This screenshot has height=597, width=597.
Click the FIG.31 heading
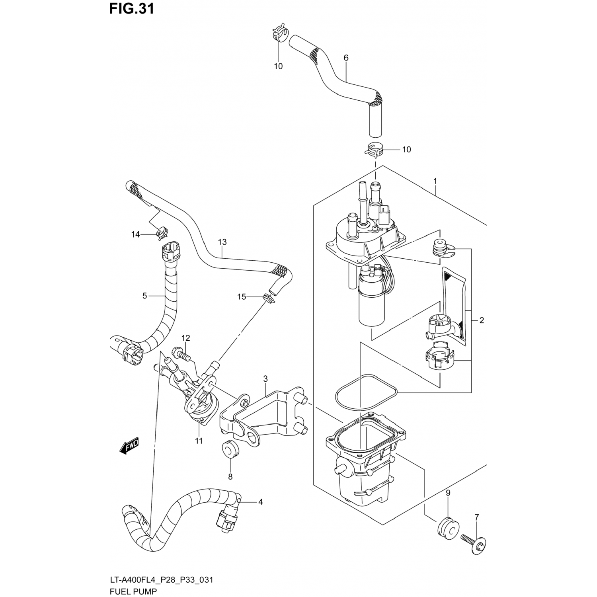coord(132,9)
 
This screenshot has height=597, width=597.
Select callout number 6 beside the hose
coord(346,58)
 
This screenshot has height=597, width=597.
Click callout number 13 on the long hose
coord(222,242)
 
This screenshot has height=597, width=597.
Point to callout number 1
coord(435,181)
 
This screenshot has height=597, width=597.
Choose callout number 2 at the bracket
coord(482,320)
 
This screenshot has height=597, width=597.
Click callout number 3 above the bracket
coord(265,378)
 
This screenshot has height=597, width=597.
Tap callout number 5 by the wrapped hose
coord(144,296)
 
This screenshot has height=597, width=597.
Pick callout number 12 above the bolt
coord(186,338)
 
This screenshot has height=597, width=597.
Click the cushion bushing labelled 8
coord(230,449)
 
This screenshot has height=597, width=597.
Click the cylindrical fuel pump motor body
coord(372,306)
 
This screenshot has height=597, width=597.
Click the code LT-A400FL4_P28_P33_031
coord(161,580)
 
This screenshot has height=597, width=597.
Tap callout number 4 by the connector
coord(260,502)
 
